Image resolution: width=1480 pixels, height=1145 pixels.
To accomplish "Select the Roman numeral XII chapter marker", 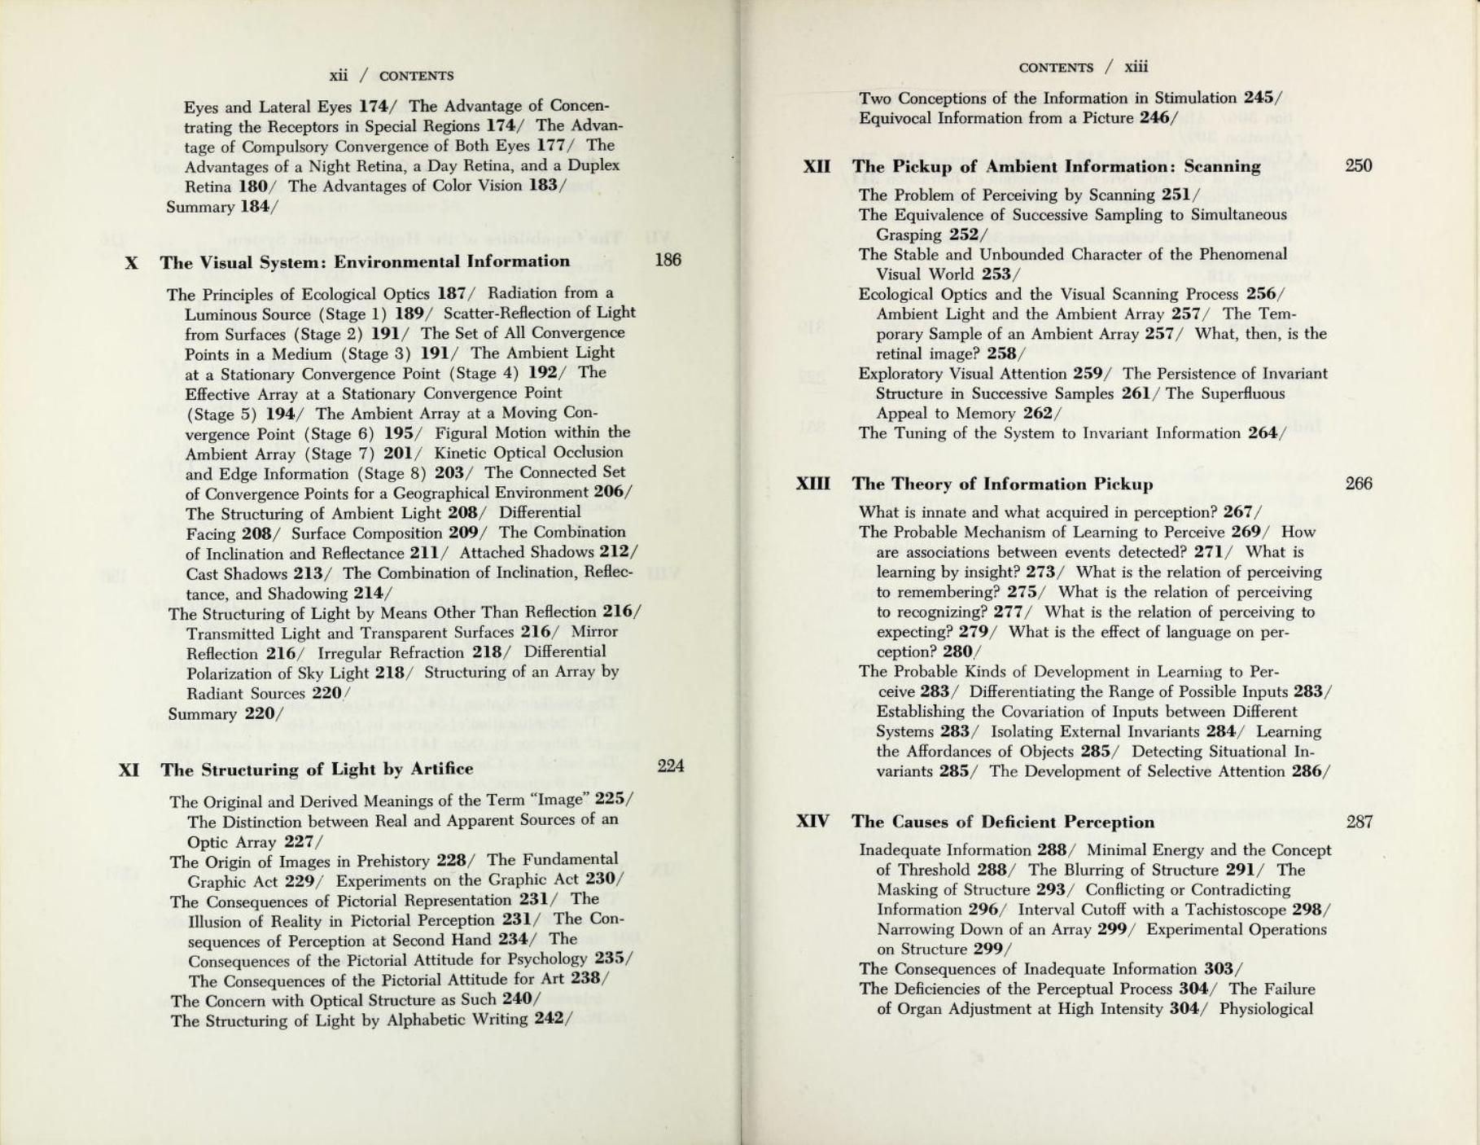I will [x=817, y=167].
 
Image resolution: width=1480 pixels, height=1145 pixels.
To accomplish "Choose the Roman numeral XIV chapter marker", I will [x=812, y=822].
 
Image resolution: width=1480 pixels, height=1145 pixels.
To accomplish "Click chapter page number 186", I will [x=668, y=261].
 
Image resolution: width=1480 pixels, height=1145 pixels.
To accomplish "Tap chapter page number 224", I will [x=670, y=766].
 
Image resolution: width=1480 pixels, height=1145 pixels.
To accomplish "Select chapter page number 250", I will [x=1359, y=166].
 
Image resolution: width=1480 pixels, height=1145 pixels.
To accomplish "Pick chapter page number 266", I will [x=1359, y=484].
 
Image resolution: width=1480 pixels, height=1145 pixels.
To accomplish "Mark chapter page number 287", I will [x=1360, y=822].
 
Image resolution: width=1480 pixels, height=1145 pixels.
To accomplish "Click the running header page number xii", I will [x=339, y=76].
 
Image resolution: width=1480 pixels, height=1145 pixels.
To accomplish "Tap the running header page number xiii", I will [x=1136, y=67].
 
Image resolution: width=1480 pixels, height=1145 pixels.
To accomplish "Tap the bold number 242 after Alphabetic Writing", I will [x=549, y=1019].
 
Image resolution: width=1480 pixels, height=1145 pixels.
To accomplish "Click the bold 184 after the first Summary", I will [x=256, y=207].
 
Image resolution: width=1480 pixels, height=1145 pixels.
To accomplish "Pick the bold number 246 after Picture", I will [x=1154, y=118].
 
